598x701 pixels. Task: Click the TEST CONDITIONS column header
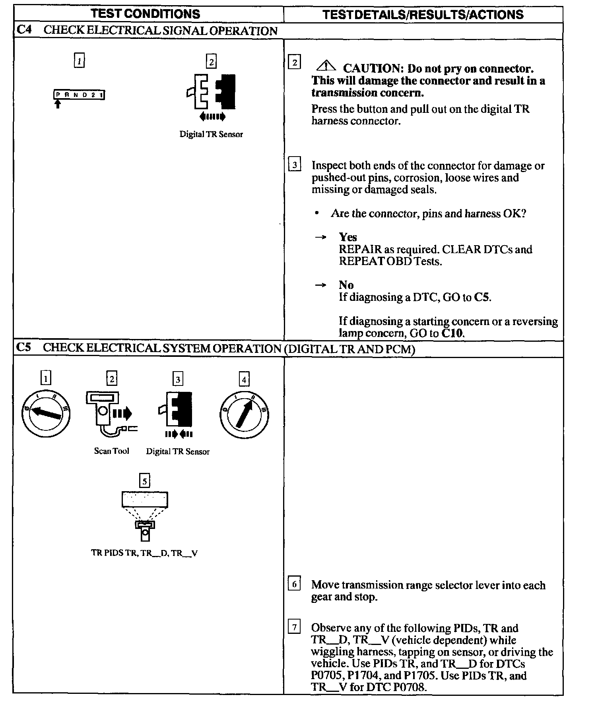(x=145, y=14)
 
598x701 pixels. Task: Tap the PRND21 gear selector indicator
(x=79, y=95)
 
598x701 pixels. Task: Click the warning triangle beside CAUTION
(x=326, y=66)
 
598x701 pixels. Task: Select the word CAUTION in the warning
(x=373, y=69)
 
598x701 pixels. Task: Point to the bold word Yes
(x=348, y=237)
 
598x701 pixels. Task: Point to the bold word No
(x=346, y=285)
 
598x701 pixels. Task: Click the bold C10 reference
(x=452, y=333)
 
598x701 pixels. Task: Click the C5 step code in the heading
(x=24, y=348)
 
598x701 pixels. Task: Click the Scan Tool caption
(x=111, y=451)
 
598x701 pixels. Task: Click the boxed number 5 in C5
(x=145, y=481)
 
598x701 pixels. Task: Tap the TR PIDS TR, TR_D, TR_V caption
(x=144, y=553)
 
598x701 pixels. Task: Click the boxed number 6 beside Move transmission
(x=294, y=584)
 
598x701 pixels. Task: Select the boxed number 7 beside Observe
(x=294, y=627)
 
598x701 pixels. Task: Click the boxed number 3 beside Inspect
(x=294, y=165)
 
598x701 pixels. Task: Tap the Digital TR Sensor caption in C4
(x=211, y=134)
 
